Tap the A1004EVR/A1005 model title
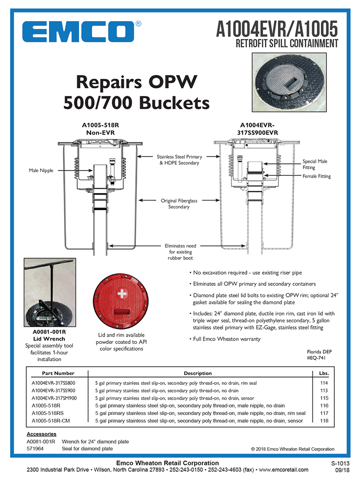277,29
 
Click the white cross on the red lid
123,294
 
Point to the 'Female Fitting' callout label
316,176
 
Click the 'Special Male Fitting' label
315,164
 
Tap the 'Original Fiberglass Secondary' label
179,204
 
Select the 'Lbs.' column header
323,373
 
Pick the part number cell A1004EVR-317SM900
54,398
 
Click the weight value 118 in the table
323,421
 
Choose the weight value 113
323,391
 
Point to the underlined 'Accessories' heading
41,434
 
